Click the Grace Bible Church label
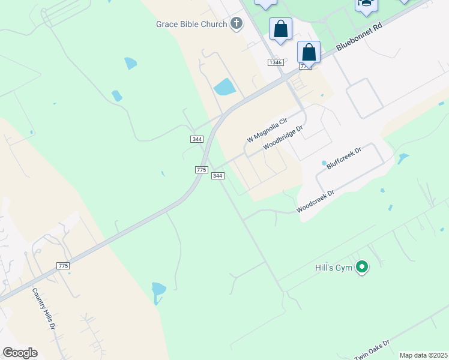click(x=191, y=24)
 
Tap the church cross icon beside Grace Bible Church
click(x=237, y=24)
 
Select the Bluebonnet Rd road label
click(x=359, y=37)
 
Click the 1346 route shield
click(x=276, y=62)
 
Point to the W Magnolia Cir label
click(x=267, y=130)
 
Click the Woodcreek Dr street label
click(x=315, y=202)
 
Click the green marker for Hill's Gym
click(x=361, y=267)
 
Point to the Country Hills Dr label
click(x=44, y=308)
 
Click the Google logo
click(x=20, y=353)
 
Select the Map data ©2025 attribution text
click(x=423, y=355)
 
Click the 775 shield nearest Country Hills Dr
click(x=63, y=265)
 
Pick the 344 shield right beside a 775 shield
click(x=217, y=175)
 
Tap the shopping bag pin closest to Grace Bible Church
click(x=280, y=29)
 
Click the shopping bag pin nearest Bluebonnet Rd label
click(x=309, y=53)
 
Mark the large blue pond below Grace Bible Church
click(x=224, y=87)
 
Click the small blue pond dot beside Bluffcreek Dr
click(x=324, y=163)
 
